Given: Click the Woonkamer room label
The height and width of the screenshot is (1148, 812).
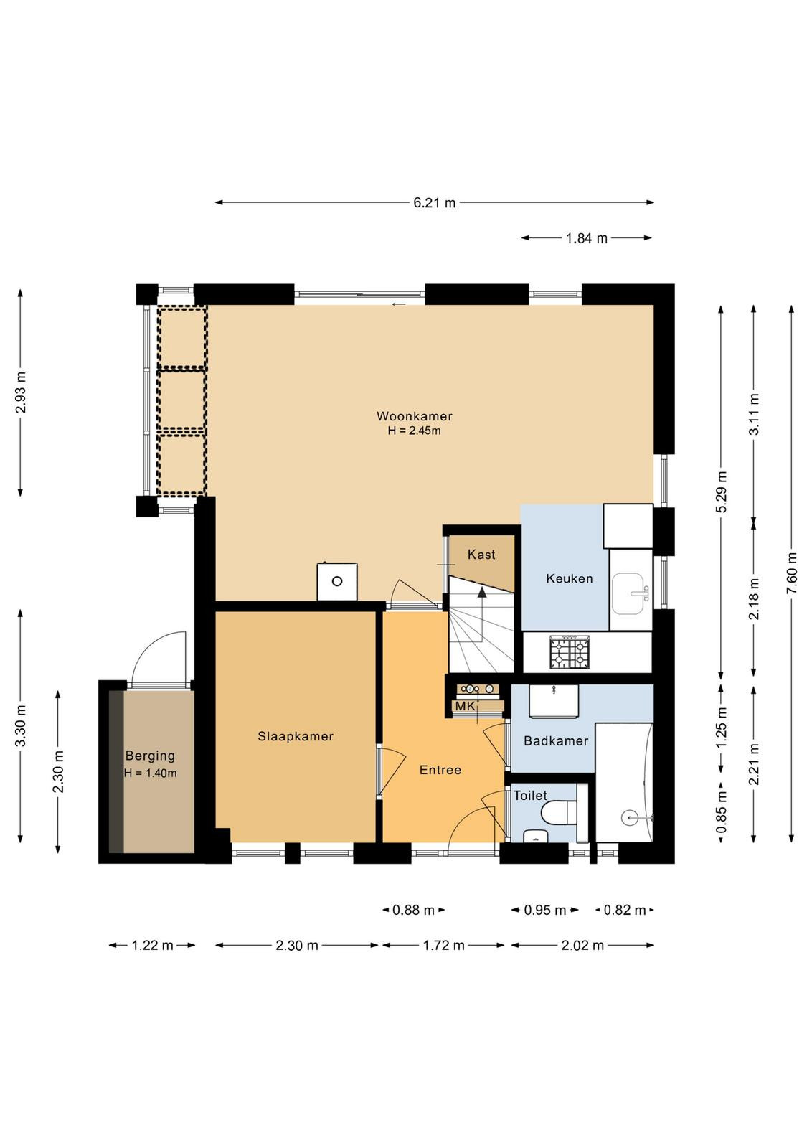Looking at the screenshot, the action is pyautogui.click(x=414, y=415).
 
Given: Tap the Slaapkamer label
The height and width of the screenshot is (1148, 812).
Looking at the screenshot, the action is pyautogui.click(x=295, y=736).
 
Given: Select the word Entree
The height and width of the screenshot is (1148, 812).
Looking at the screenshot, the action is pyautogui.click(x=440, y=770).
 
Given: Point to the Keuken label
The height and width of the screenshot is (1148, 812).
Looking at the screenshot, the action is pyautogui.click(x=569, y=578).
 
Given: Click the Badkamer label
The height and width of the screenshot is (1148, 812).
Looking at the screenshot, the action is pyautogui.click(x=556, y=740).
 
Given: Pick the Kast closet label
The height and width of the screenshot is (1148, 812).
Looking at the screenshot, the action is pyautogui.click(x=481, y=555).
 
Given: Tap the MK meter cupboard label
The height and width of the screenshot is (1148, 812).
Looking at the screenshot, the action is pyautogui.click(x=465, y=706).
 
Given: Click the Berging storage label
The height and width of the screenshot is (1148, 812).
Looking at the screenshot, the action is pyautogui.click(x=150, y=756).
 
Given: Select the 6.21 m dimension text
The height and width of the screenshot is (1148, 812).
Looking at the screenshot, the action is pyautogui.click(x=435, y=203).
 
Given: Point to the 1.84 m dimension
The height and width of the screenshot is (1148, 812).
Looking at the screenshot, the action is pyautogui.click(x=587, y=238).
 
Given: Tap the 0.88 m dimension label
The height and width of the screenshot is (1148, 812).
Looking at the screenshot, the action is pyautogui.click(x=413, y=911).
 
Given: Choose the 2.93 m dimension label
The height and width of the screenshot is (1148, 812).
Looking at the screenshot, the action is pyautogui.click(x=21, y=392).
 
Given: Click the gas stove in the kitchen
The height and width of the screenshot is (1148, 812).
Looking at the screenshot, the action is pyautogui.click(x=569, y=652).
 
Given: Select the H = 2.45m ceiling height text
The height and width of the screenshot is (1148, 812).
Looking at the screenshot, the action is pyautogui.click(x=414, y=430).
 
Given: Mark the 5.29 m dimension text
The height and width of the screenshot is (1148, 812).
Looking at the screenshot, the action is pyautogui.click(x=722, y=491).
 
